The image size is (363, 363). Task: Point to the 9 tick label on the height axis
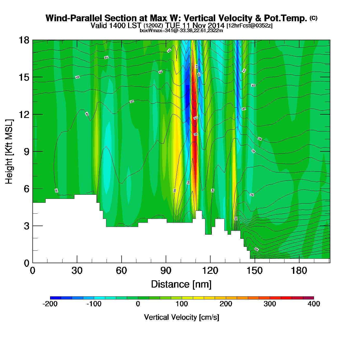pos(26,152)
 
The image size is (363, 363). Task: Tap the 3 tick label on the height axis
pos(26,226)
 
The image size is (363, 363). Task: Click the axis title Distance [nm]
pos(181,284)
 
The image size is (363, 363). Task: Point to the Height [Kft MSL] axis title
pos(9,152)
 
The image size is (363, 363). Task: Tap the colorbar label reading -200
pos(50,304)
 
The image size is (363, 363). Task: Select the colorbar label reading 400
pos(314,304)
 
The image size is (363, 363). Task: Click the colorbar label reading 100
pos(182,304)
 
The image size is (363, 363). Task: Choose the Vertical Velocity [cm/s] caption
pos(181,317)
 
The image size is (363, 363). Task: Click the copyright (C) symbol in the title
pos(313,18)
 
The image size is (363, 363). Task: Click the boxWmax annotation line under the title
pos(181,31)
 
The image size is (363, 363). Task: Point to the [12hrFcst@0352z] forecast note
pos(249,26)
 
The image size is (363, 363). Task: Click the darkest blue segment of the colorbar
pos(55,298)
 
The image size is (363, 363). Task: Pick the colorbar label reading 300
pos(270,304)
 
